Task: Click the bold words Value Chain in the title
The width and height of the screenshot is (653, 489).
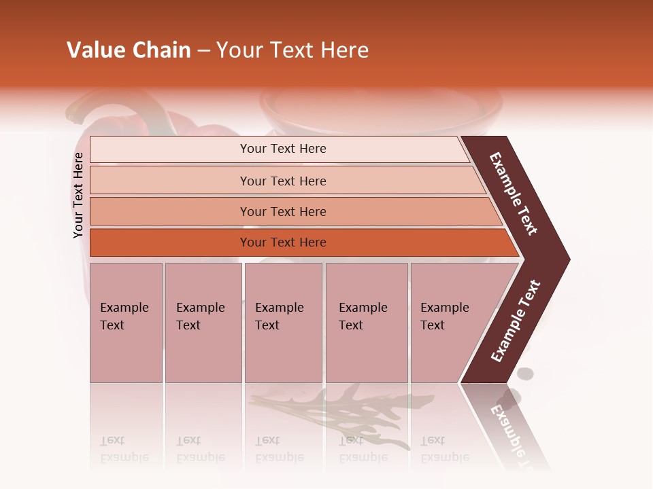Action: pos(129,50)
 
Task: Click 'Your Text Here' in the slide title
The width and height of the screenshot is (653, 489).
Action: pos(292,50)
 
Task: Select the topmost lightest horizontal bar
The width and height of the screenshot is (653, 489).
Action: pos(282,149)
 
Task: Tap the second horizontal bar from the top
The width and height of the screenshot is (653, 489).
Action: pos(282,181)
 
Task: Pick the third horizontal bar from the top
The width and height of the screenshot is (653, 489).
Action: pos(282,211)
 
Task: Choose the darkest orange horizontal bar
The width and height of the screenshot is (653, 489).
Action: pos(282,242)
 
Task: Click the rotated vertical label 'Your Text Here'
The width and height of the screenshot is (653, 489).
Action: pos(78,195)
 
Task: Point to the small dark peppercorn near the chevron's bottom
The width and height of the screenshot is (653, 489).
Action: pos(524,374)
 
